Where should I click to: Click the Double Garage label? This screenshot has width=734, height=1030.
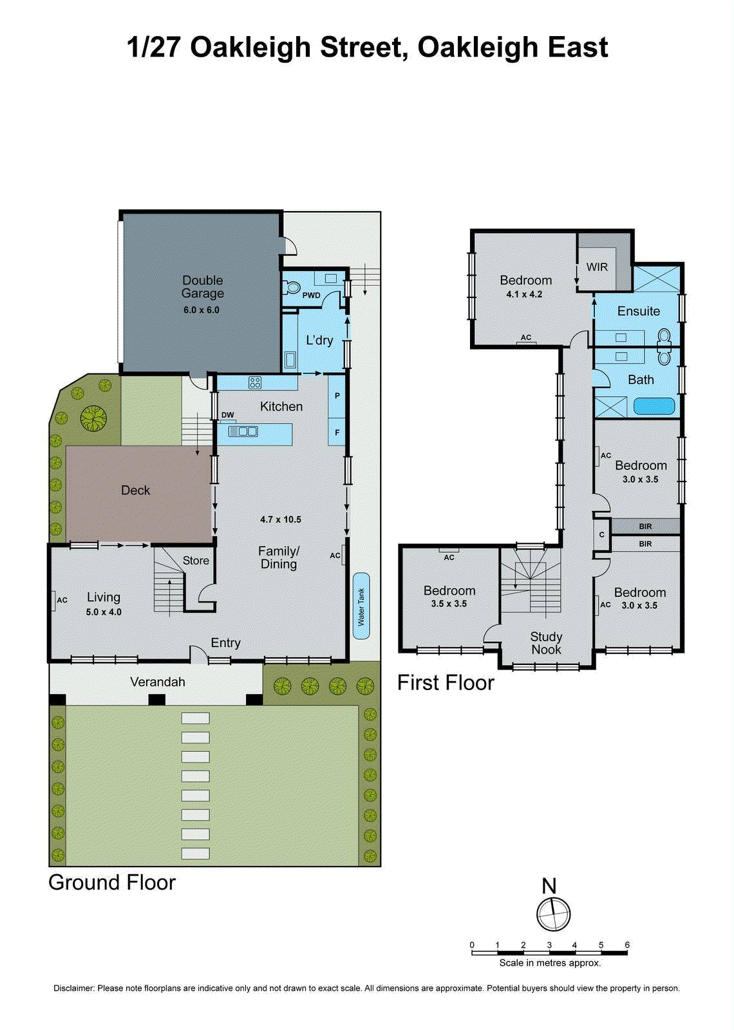click(202, 287)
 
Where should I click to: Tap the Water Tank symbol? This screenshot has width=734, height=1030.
click(361, 606)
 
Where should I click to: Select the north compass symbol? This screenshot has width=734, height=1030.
click(553, 913)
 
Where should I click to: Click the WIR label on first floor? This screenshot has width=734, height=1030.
click(597, 267)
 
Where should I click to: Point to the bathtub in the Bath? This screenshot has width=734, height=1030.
click(654, 406)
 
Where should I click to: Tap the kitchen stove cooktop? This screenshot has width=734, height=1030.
click(255, 383)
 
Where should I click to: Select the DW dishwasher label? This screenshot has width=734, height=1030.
click(227, 415)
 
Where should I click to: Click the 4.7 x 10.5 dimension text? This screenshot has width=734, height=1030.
click(281, 520)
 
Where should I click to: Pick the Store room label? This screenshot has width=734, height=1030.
click(196, 561)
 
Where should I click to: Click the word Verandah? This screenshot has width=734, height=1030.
click(158, 682)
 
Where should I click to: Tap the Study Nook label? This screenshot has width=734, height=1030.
click(546, 643)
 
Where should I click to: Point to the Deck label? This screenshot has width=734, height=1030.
click(135, 491)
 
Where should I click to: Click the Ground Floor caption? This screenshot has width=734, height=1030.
click(112, 883)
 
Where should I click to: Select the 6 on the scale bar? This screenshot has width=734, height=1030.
click(627, 945)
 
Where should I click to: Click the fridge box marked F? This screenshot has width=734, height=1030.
click(337, 433)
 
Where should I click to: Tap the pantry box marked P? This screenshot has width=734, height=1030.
click(337, 396)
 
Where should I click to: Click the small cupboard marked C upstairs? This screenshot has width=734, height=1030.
click(601, 534)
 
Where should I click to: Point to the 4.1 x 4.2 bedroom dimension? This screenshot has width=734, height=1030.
click(524, 294)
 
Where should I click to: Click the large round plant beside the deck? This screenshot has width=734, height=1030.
click(93, 418)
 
